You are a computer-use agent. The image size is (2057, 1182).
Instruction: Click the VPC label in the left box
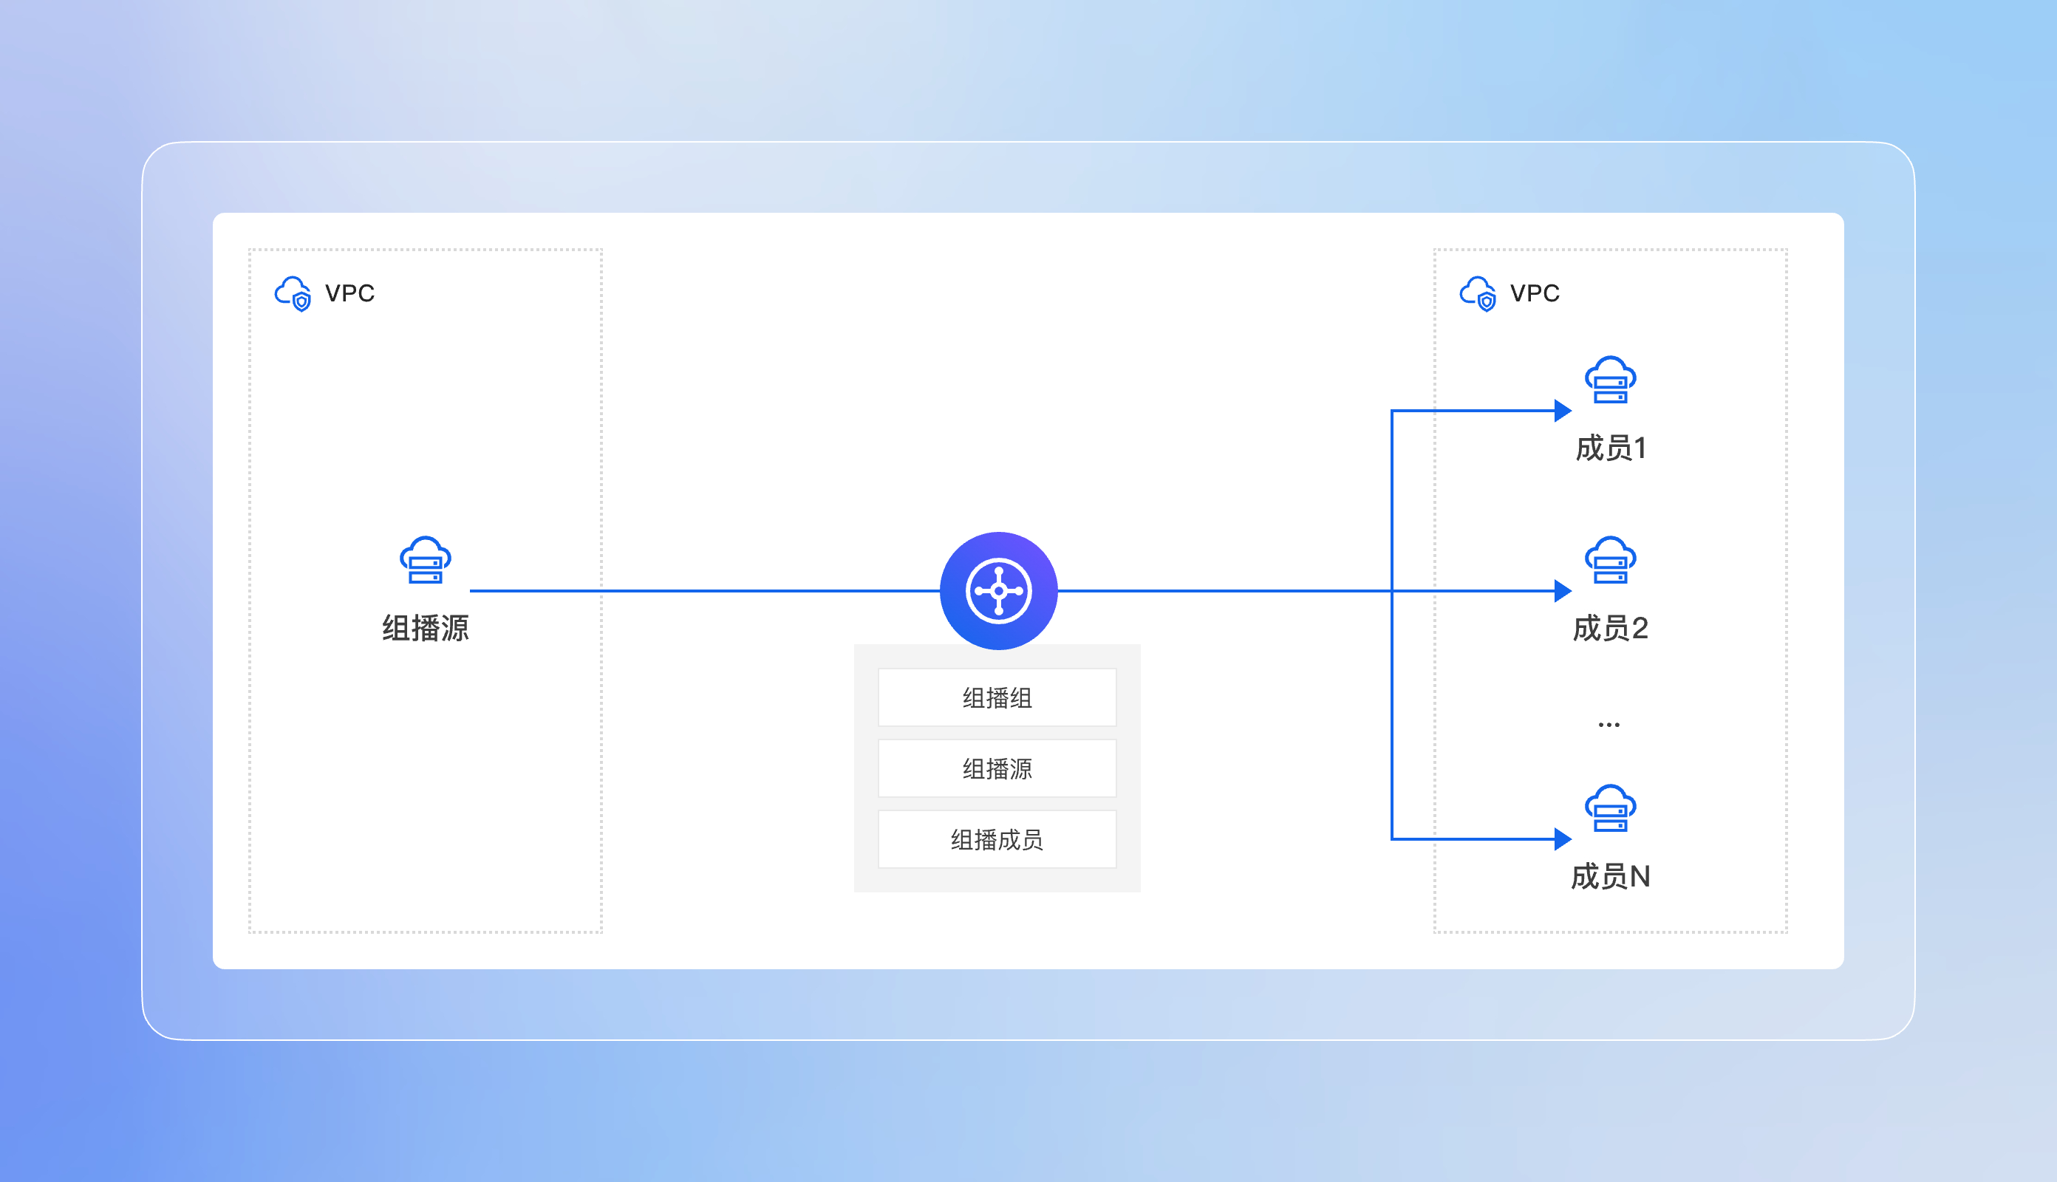pyautogui.click(x=350, y=293)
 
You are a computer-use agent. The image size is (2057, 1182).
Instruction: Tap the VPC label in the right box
pyautogui.click(x=1535, y=293)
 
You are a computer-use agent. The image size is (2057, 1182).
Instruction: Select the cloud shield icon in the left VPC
pyautogui.click(x=293, y=294)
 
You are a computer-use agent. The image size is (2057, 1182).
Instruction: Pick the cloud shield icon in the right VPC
pyautogui.click(x=1478, y=294)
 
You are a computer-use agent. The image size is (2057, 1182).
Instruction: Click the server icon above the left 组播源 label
pyautogui.click(x=426, y=560)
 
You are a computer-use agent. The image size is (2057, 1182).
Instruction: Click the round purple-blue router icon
pyautogui.click(x=998, y=591)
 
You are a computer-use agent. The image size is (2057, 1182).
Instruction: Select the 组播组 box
pyautogui.click(x=997, y=697)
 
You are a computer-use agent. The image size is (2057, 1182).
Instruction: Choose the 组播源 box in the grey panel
pyautogui.click(x=997, y=768)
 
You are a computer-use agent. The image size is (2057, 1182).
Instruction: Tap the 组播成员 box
pyautogui.click(x=997, y=838)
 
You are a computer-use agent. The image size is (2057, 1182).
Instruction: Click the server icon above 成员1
pyautogui.click(x=1611, y=380)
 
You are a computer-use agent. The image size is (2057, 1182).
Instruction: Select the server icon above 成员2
pyautogui.click(x=1611, y=560)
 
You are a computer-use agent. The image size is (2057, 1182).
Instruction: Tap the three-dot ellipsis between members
pyautogui.click(x=1609, y=724)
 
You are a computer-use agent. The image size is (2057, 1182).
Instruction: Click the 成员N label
pyautogui.click(x=1611, y=877)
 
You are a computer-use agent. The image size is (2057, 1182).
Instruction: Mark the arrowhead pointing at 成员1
pyautogui.click(x=1563, y=411)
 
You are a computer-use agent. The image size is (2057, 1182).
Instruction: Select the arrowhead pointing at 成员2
pyautogui.click(x=1563, y=591)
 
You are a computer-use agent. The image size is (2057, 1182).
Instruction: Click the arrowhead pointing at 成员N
pyautogui.click(x=1563, y=838)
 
